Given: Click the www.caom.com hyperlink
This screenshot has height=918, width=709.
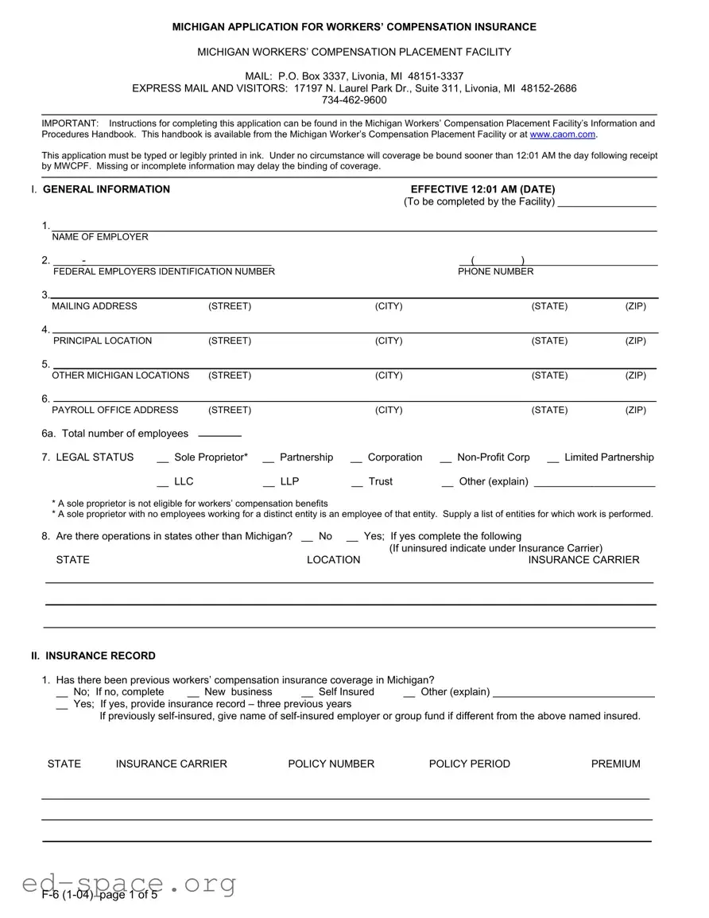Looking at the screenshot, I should click(x=563, y=134).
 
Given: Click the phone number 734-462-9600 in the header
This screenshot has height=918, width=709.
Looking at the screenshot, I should click(x=354, y=100).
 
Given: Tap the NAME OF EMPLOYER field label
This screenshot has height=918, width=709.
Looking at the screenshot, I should click(x=100, y=237).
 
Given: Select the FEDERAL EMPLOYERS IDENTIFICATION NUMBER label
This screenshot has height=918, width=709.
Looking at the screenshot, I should click(x=164, y=272).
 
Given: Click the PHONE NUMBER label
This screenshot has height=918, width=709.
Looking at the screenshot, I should click(x=495, y=272).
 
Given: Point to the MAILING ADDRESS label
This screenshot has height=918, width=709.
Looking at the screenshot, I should click(x=95, y=306).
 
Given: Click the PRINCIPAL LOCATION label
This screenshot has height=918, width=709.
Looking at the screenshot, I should click(x=103, y=341).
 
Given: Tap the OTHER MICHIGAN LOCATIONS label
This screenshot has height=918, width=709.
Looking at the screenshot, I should click(x=121, y=375).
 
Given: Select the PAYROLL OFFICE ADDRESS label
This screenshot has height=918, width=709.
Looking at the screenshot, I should click(x=115, y=410).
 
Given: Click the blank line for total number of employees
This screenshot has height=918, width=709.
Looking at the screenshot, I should click(x=219, y=435).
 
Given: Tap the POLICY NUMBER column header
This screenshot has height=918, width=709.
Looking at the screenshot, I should click(x=331, y=764).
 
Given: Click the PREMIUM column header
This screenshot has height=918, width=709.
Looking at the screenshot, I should click(x=615, y=764).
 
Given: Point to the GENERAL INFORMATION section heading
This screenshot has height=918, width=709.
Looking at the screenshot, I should click(x=106, y=189).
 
